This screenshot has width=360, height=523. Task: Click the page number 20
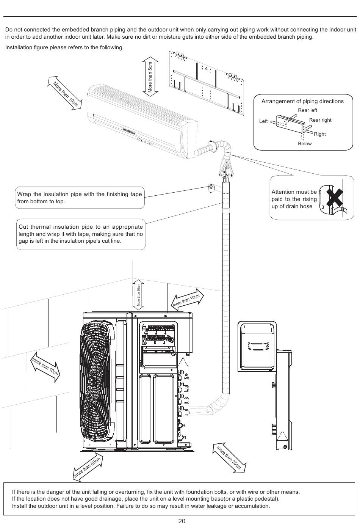[x=182, y=520]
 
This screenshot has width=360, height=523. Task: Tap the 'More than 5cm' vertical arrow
[x=150, y=77]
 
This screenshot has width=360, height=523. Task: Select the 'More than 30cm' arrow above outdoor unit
[x=139, y=295]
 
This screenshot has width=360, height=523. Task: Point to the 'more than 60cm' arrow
[x=88, y=467]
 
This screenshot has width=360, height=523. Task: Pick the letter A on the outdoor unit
[x=186, y=377]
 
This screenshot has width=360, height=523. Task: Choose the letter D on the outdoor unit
[x=186, y=412]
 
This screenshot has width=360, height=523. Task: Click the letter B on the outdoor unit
[x=186, y=389]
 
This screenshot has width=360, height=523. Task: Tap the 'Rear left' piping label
[x=307, y=110]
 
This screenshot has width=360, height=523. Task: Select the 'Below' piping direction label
[x=305, y=144]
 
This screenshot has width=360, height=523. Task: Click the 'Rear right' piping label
[x=320, y=120]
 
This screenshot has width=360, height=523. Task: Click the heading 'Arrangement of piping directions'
[x=302, y=101]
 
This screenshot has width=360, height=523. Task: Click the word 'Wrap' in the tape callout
[x=24, y=194]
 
